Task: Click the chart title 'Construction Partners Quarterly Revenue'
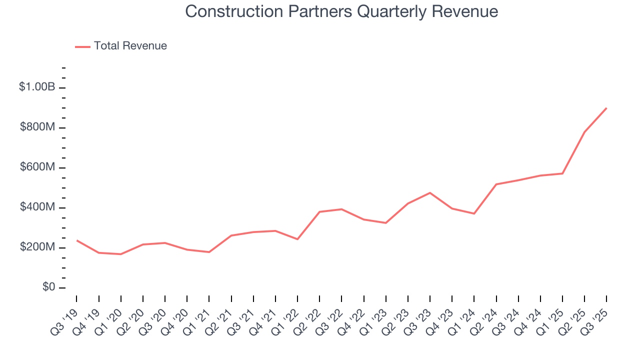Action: [x=341, y=11]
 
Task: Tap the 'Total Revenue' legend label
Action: [x=130, y=46]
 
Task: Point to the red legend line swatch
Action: [x=82, y=46]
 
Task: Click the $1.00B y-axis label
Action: [x=37, y=87]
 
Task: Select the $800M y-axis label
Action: [x=37, y=127]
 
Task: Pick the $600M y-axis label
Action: [x=37, y=167]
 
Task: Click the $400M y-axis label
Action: [x=37, y=207]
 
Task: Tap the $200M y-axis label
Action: [x=37, y=247]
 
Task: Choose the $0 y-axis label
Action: [x=48, y=287]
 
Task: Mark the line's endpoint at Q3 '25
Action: [x=606, y=108]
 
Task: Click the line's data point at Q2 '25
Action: [x=584, y=132]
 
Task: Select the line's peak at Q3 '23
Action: [x=430, y=193]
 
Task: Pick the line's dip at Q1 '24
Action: [x=474, y=214]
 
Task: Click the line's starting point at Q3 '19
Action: [x=77, y=240]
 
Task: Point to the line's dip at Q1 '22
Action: [x=297, y=239]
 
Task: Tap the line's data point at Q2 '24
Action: [x=496, y=184]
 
